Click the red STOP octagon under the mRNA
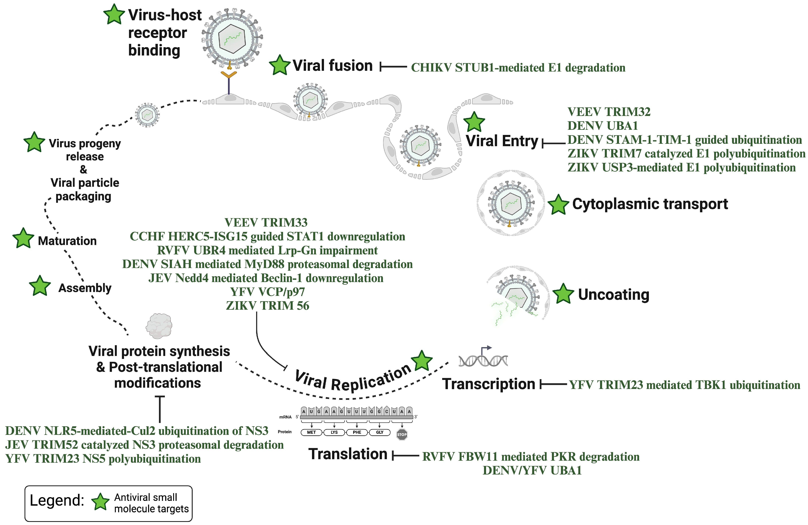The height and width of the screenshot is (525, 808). (402, 434)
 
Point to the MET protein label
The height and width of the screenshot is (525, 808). (311, 432)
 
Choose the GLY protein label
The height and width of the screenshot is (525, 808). (379, 432)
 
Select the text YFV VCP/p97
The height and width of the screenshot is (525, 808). (268, 292)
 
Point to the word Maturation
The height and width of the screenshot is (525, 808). (67, 241)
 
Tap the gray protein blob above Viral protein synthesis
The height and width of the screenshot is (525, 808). (159, 326)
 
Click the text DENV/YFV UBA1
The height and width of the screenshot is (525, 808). (532, 471)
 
